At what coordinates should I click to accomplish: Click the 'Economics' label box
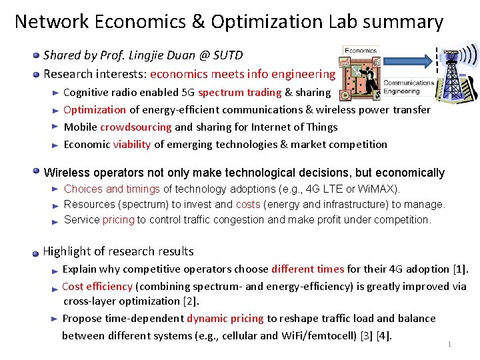point(360,50)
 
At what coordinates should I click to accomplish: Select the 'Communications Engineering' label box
point(407,87)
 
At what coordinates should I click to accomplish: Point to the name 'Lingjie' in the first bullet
point(142,55)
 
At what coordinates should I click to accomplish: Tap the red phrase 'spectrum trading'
point(239,93)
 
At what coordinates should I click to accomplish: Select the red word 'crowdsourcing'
point(135,127)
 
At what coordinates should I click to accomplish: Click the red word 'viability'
point(132,145)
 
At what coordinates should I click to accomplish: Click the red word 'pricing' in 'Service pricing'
point(118,220)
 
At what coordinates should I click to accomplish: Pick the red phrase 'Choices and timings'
point(111,189)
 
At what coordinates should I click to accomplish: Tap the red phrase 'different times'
point(307,269)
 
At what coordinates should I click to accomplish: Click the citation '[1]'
point(459,269)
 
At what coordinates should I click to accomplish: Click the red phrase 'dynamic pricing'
point(225,319)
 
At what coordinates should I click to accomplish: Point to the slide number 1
point(450,345)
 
